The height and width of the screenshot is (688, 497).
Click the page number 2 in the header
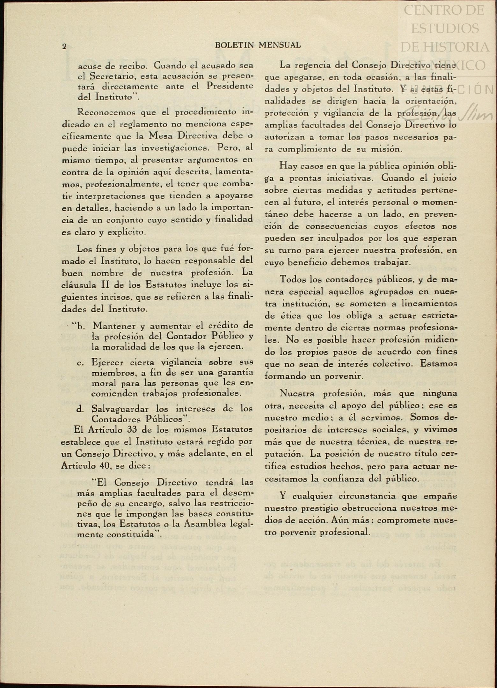64,47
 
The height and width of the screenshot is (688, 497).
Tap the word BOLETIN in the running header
234,45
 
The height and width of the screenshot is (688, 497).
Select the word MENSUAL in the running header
280,45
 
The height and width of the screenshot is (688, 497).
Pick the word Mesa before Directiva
161,136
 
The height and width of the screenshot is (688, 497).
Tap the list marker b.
80,326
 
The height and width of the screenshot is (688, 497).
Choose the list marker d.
80,409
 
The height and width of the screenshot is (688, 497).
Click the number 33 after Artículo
134,429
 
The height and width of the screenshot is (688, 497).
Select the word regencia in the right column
313,65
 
